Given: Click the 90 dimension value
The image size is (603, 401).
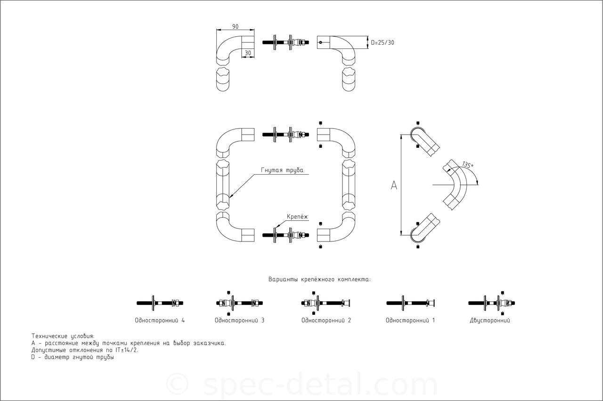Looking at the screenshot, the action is pos(235,27).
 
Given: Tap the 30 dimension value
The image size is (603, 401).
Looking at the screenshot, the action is pos(248,53).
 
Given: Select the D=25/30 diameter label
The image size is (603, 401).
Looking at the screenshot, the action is pos(383,42).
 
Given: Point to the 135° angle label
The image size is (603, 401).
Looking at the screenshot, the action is pos(468,165).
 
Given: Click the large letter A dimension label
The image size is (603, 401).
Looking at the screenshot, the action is pos(394,185).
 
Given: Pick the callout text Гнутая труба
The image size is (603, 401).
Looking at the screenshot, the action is pos(282,170).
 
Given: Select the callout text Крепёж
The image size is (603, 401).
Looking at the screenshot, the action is pos(297,217).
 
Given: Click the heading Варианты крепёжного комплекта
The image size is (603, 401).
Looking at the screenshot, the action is pos(319,280).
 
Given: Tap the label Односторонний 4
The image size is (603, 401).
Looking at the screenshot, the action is pos(160,321).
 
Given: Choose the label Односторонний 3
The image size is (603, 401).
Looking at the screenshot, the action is pos(240,321).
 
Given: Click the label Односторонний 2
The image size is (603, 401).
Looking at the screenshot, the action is pos(326,321).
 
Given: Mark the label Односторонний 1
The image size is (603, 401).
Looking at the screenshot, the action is pos(410,321).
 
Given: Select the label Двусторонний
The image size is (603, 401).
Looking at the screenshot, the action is pos(490,321).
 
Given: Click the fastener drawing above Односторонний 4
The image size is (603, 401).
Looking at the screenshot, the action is pos(160,303).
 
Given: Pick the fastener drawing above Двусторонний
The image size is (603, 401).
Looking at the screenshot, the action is pos(491,303).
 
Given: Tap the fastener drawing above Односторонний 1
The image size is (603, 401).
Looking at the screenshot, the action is pos(411,303).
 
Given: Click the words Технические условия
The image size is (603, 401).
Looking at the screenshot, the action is pos(63,336).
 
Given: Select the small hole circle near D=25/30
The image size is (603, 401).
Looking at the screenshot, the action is pos(321,42).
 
